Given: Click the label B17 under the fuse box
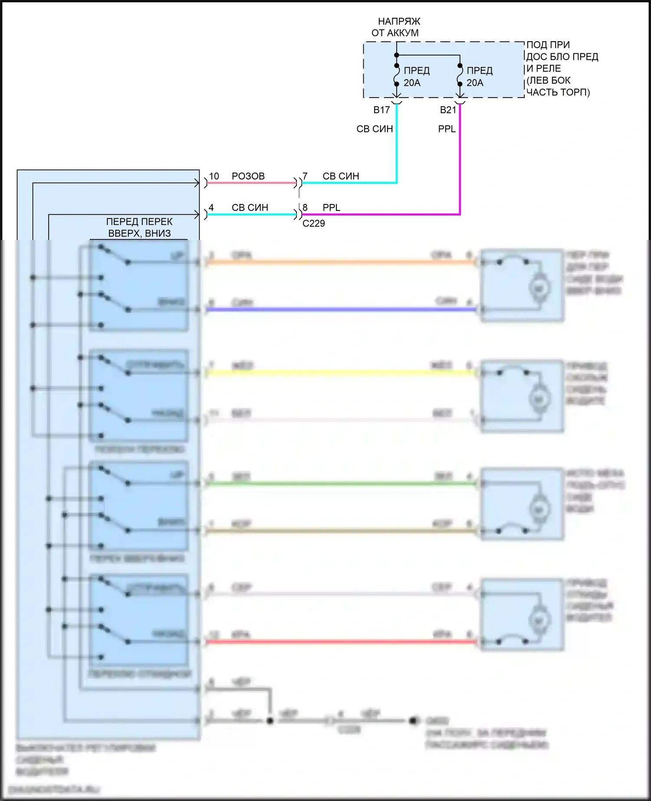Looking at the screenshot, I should click(381, 110).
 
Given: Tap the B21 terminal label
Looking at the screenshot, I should click(448, 110).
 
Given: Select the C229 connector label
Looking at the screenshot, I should click(313, 223).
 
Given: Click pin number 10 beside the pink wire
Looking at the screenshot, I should click(214, 176).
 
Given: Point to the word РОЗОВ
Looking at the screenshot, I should click(248, 176).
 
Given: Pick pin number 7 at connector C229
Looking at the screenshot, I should click(305, 176).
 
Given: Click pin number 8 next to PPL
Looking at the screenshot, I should click(305, 207).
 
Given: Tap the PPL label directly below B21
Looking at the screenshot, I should click(447, 129).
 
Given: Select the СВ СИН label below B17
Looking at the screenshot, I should click(375, 129).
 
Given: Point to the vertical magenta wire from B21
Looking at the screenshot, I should click(460, 161).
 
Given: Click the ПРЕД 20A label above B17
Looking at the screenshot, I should click(416, 77).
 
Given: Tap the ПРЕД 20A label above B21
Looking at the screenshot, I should click(479, 77).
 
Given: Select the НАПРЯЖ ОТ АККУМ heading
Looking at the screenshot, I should click(396, 27).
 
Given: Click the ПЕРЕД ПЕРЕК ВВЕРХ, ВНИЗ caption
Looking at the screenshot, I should click(139, 227).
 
